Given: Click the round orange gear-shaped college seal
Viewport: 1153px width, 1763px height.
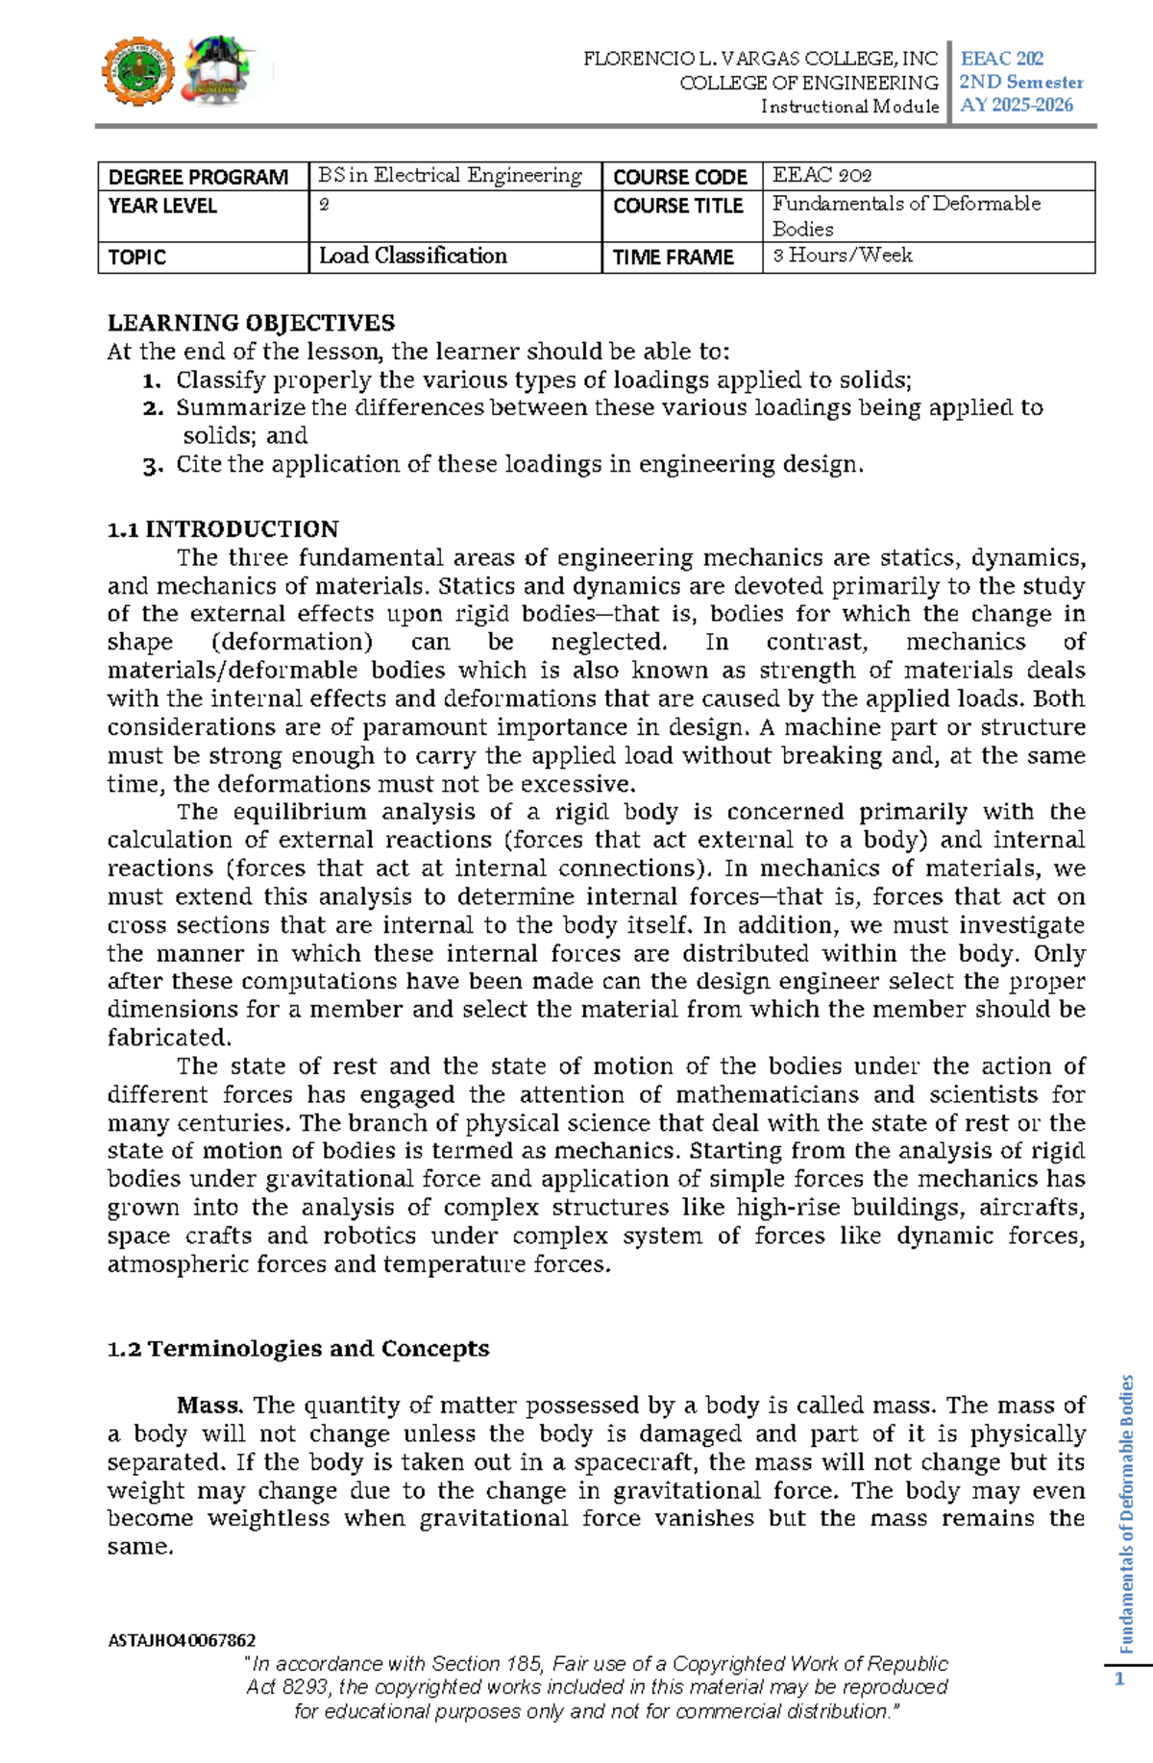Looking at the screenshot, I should coord(138,72).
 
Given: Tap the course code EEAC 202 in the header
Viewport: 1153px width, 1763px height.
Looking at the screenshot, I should coord(1001,59).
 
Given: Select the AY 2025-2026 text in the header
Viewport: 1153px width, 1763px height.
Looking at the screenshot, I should coord(1016,106).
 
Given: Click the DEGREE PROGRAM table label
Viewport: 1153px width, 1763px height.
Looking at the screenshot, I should coord(198,178).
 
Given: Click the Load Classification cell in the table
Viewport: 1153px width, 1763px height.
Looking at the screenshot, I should coord(413,257).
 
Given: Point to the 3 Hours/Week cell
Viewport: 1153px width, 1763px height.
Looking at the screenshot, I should coord(843,256).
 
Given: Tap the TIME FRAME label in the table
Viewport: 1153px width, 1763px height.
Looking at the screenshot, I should coord(673,257).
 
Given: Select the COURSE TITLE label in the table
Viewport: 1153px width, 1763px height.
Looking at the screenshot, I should coord(677,207).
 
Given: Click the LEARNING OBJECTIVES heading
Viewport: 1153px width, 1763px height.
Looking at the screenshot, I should coord(251,323).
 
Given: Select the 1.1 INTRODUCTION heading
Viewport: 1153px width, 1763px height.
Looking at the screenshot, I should coord(223,529).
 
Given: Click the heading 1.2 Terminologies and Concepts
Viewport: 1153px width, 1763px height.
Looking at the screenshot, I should coord(298,1349).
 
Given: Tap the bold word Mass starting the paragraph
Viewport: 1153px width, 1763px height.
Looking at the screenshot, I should coord(209,1406).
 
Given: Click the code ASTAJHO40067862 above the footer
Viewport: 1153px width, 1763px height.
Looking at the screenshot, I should coord(182,1640).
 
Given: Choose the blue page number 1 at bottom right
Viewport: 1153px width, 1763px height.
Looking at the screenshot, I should coord(1118,1679).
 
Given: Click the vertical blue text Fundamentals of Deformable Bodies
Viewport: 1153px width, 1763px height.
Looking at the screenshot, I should coord(1127,1513).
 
